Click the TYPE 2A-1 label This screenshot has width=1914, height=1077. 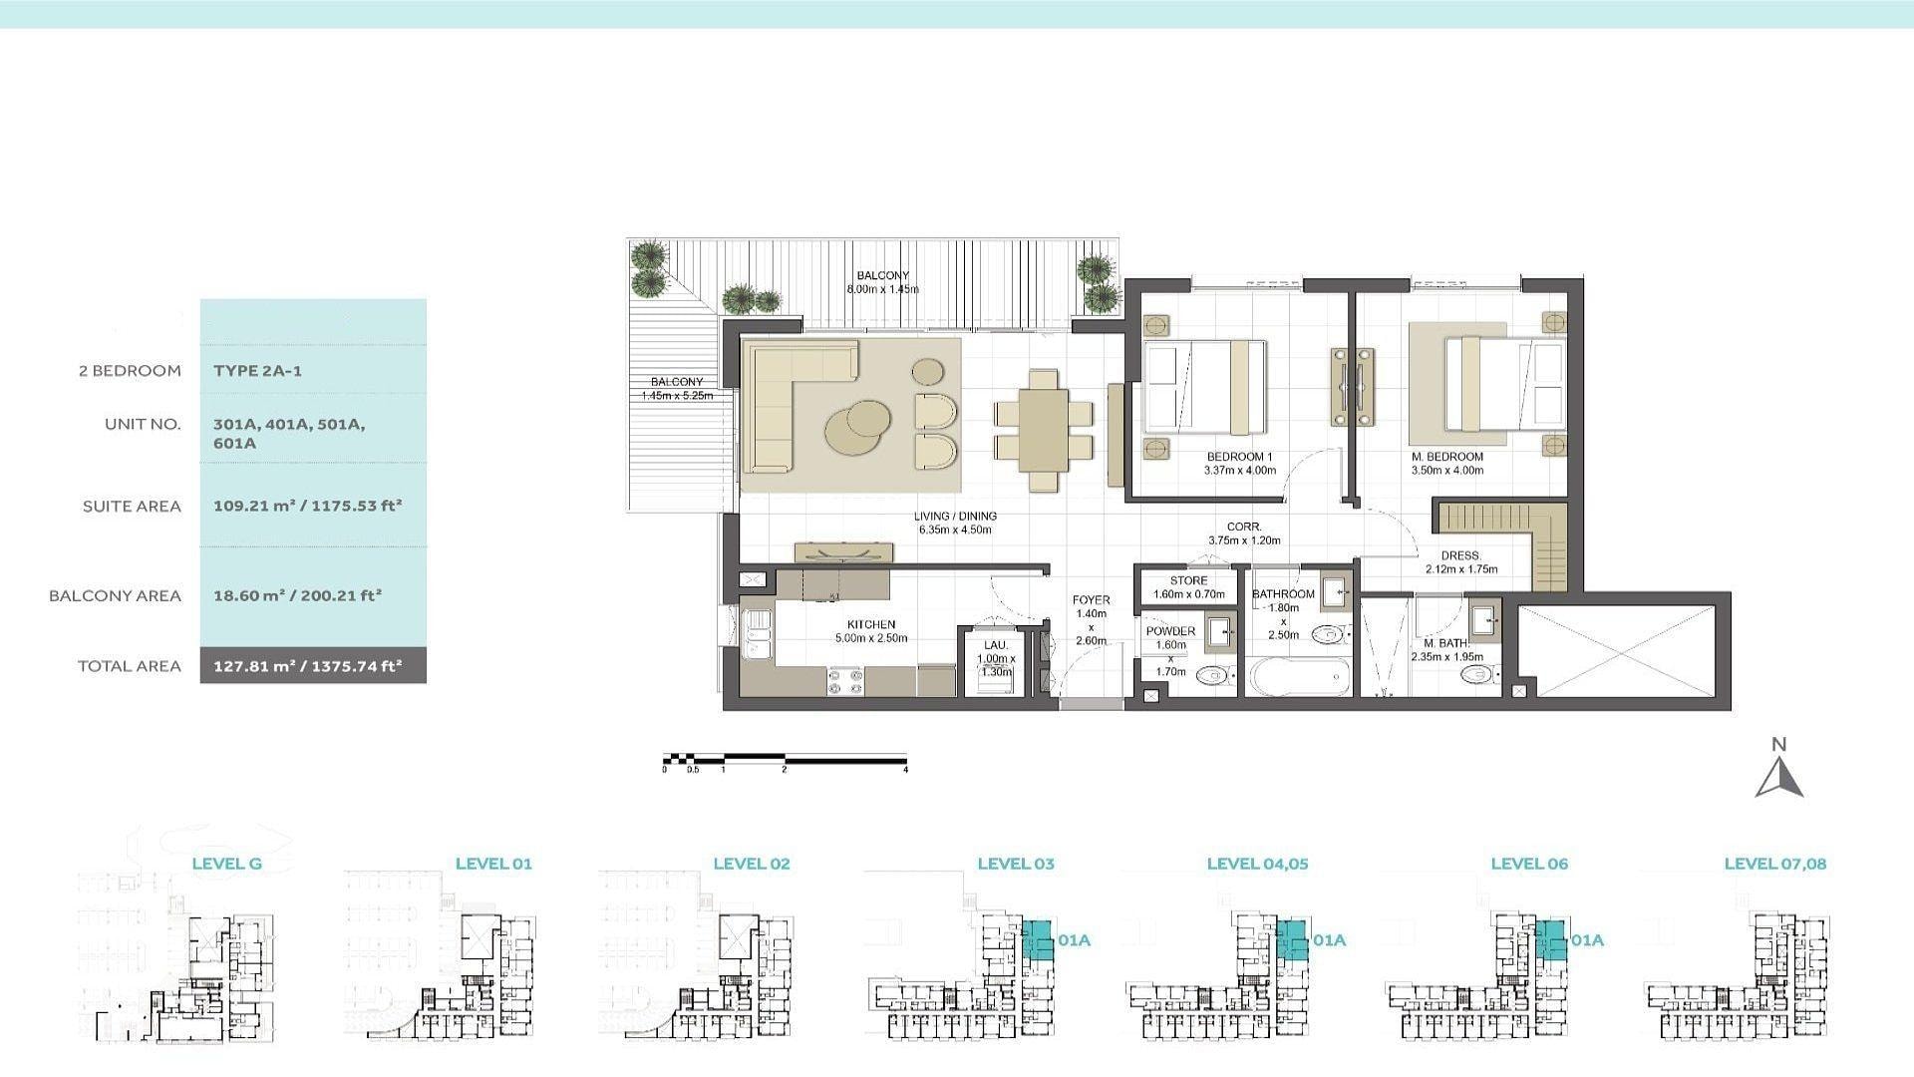pos(257,371)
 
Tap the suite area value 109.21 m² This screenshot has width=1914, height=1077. pos(253,506)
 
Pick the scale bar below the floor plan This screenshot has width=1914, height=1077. pos(785,761)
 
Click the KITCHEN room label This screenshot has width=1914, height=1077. pos(871,624)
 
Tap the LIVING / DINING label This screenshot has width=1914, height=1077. pos(955,517)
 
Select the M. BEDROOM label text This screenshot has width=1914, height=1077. pos(1446,457)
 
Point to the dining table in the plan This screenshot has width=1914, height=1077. pos(1044,430)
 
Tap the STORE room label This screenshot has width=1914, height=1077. pos(1188,580)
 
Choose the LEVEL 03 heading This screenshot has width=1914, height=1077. pos(1015,864)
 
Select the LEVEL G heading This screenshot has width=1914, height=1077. pos(226,864)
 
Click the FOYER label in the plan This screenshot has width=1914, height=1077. pos(1091,600)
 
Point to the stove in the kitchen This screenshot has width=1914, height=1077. pos(845,681)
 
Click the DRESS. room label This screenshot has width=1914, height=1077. pos(1460,555)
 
